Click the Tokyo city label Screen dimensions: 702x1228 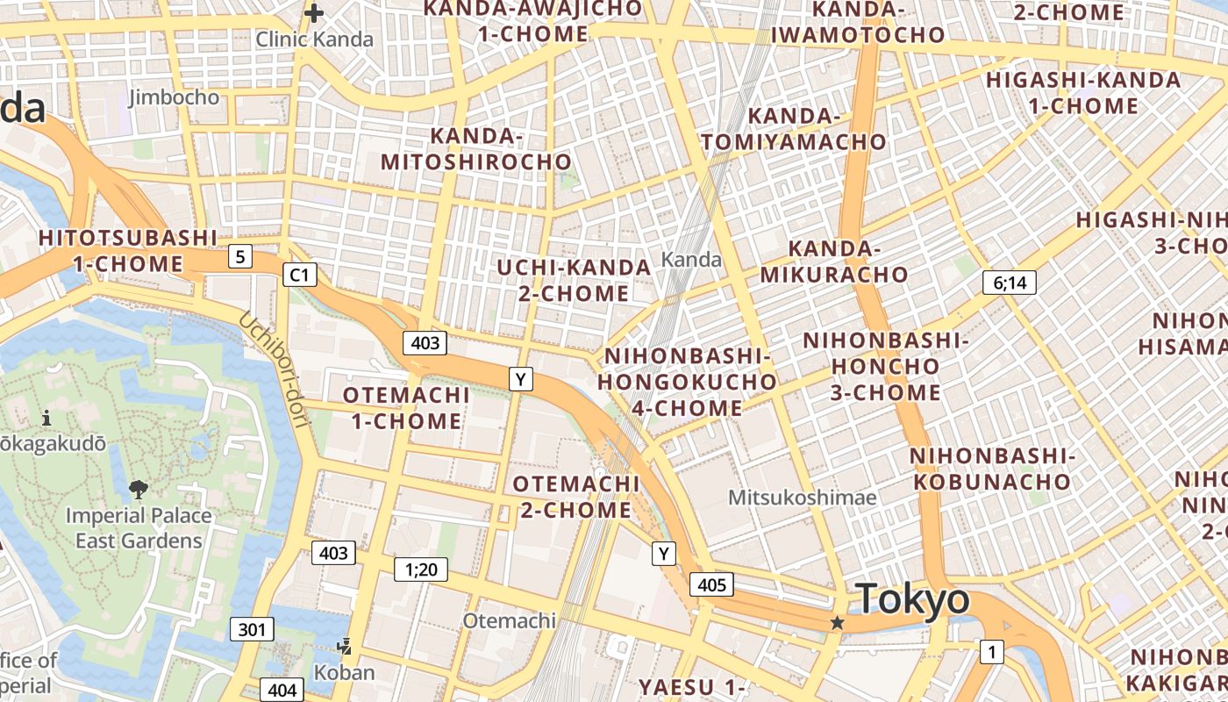[913, 600]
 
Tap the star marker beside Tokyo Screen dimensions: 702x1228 [838, 622]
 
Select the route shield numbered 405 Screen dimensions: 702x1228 [711, 584]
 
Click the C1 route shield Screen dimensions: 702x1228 [299, 275]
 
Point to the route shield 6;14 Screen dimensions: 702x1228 [1010, 283]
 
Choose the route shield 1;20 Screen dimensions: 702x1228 [421, 569]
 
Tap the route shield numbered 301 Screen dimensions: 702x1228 [252, 629]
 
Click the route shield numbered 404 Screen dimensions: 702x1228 [282, 691]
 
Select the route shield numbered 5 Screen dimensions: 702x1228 [240, 257]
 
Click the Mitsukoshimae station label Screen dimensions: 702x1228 [803, 498]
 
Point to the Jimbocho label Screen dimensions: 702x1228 [174, 97]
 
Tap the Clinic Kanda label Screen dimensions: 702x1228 [314, 39]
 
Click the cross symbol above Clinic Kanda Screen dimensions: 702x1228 [313, 13]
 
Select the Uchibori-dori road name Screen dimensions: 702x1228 [275, 369]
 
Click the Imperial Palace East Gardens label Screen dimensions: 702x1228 [139, 527]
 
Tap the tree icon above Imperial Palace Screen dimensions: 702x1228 [138, 489]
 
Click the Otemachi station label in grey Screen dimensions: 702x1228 [510, 620]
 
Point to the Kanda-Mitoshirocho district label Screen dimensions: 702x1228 [476, 149]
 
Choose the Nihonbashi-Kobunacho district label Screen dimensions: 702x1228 [992, 469]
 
